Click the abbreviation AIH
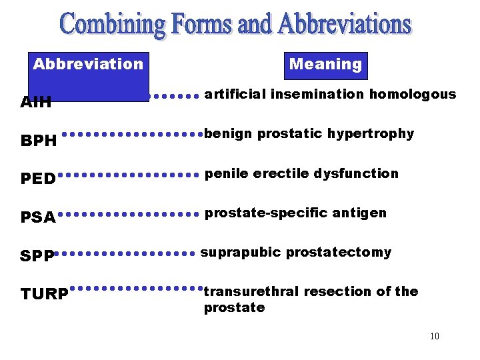(x=36, y=103)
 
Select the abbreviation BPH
(x=39, y=141)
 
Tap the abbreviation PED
(x=38, y=179)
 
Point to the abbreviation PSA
(x=38, y=217)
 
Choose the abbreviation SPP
(x=37, y=256)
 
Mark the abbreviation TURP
(x=45, y=294)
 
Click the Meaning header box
(x=325, y=65)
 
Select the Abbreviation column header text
(x=88, y=64)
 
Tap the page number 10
(x=434, y=336)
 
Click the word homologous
(x=413, y=94)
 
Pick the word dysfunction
(x=363, y=173)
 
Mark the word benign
(x=229, y=134)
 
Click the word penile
(x=225, y=173)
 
